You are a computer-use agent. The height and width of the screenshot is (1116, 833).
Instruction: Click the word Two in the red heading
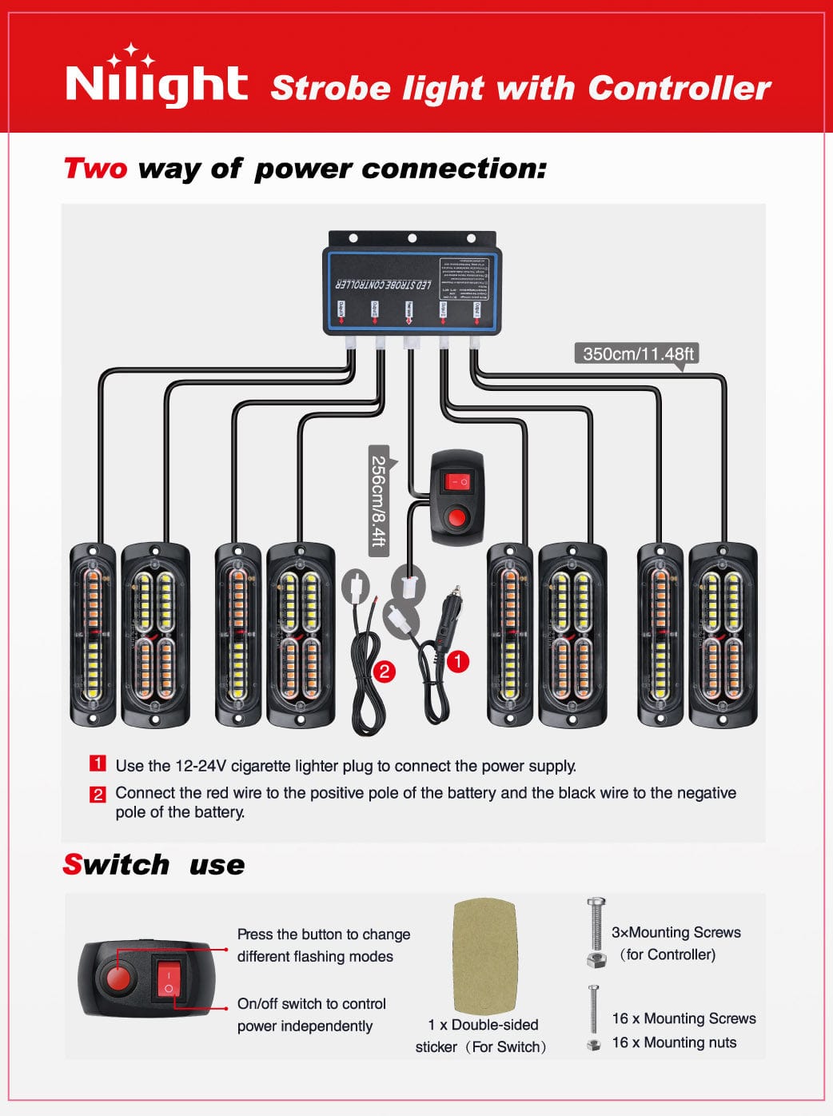tap(95, 169)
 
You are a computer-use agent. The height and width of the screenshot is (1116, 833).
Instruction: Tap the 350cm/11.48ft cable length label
tap(637, 353)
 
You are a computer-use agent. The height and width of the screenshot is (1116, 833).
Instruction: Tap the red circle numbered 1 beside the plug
tap(457, 661)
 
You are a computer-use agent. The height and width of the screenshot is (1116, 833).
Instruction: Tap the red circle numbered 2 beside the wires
tap(385, 671)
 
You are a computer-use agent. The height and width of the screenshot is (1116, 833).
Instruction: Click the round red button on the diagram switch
tap(457, 518)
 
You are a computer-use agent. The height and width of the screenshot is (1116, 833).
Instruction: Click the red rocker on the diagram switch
tap(458, 482)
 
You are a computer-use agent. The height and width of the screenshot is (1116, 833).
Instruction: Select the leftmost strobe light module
tap(93, 635)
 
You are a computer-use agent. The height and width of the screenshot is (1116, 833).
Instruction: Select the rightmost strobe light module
tap(723, 635)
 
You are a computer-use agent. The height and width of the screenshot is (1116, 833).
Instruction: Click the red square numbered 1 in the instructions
tap(98, 763)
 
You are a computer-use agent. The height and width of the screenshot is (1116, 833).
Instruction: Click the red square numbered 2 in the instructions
tap(98, 794)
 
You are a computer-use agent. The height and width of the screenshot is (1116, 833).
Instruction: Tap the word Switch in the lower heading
tap(116, 864)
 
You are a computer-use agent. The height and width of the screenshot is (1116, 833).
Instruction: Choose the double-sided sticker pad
tap(484, 956)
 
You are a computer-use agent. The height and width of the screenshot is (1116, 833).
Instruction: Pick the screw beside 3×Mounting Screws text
tap(596, 931)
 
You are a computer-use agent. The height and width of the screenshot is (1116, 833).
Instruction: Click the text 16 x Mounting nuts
tap(674, 1042)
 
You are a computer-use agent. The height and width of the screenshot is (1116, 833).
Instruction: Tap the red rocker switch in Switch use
tap(169, 981)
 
